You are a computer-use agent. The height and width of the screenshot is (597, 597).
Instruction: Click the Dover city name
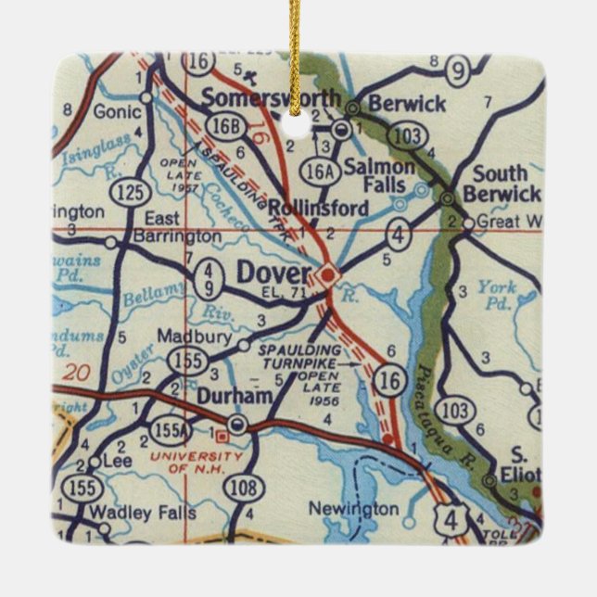[x=274, y=273]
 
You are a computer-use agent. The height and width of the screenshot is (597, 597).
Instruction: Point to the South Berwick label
[x=502, y=183]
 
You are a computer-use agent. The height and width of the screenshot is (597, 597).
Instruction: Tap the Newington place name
[x=353, y=509]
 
